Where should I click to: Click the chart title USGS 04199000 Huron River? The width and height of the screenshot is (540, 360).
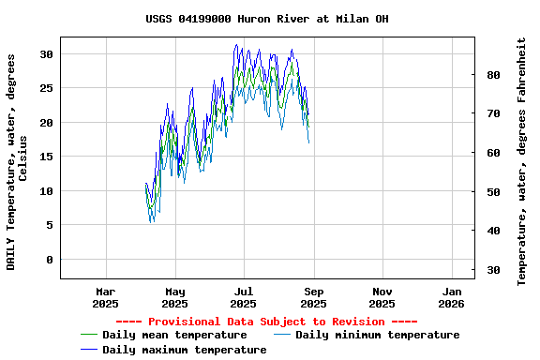(267, 19)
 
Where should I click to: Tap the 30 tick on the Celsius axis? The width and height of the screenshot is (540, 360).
(46, 54)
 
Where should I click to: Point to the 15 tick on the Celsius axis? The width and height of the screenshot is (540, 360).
(46, 157)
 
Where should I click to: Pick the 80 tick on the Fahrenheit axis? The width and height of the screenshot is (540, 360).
(493, 75)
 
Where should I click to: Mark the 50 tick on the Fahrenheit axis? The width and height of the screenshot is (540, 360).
(493, 192)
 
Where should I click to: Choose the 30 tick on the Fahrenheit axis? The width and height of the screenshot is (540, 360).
(493, 271)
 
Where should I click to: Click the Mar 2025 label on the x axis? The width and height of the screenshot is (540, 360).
(105, 297)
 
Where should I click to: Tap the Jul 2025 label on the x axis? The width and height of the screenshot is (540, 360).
(243, 297)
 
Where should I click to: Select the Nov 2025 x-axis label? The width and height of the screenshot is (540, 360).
(382, 297)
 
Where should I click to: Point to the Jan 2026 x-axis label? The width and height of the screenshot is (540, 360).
(451, 297)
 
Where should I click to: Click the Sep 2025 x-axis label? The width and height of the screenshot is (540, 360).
(313, 297)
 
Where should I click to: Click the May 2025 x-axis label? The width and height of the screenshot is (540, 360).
(174, 297)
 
